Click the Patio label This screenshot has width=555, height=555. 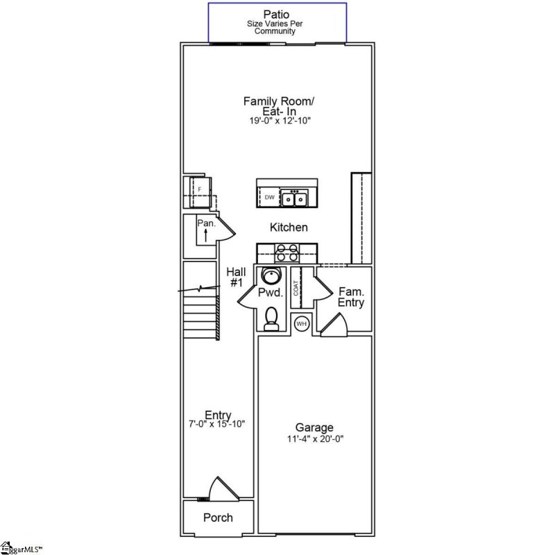(278, 14)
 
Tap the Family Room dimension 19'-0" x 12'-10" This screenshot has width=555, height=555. (278, 121)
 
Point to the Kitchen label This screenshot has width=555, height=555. (289, 227)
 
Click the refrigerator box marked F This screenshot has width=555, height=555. (200, 189)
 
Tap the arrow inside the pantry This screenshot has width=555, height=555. (205, 234)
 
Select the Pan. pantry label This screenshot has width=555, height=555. (206, 223)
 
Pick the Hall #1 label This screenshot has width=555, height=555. (236, 277)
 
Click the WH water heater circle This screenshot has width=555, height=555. (302, 323)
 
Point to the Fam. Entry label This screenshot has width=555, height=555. (351, 298)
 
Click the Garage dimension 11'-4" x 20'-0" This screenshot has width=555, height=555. (314, 438)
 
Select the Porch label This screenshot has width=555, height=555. (218, 518)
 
